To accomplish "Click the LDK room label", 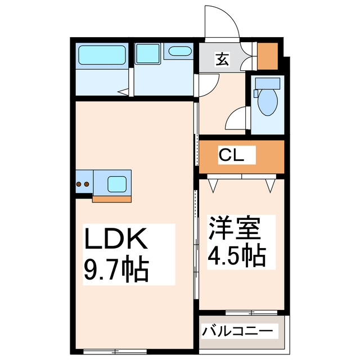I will point(116,240).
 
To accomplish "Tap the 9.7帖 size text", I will point(116,270).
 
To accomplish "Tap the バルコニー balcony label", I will point(238,330).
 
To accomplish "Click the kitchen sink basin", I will point(118,183).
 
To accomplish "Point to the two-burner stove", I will point(83,183).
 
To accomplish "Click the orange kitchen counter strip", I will point(112,198).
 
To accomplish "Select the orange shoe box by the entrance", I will point(267,55).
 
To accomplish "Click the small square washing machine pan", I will point(147,54).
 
